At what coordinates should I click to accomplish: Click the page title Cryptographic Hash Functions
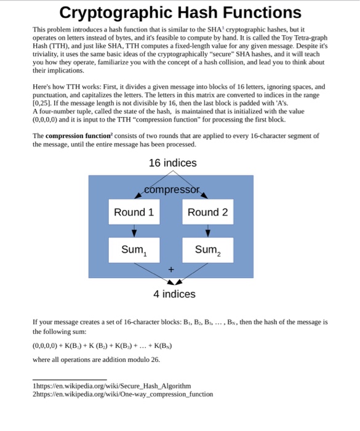pos(180,12)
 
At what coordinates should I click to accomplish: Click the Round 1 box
pos(134,212)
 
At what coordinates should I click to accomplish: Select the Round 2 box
pos(207,212)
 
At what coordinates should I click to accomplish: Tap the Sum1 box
pos(134,250)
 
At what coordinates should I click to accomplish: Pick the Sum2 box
pos(207,250)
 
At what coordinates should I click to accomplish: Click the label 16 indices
pos(173,163)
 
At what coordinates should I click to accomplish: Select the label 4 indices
pos(174,294)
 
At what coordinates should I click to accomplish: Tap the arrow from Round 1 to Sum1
pos(134,232)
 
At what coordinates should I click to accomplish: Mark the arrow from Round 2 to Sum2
pos(207,232)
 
